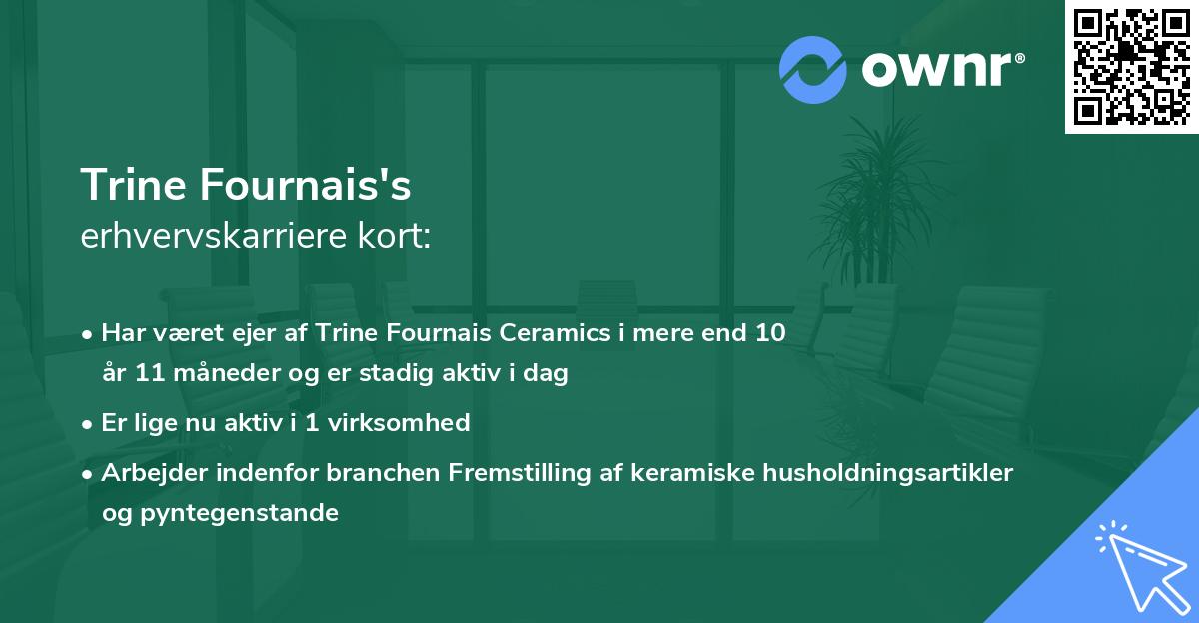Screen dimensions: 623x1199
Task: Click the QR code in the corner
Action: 1131,67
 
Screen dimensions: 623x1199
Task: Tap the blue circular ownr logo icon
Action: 813,69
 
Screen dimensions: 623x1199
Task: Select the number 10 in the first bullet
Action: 770,333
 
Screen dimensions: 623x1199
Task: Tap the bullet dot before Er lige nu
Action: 89,424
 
